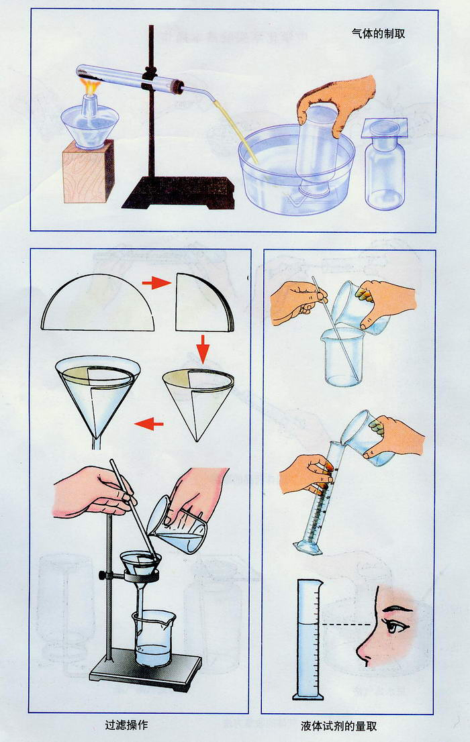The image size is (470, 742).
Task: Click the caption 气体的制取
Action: pyautogui.click(x=378, y=33)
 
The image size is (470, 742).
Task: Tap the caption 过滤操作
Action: pyautogui.click(x=126, y=725)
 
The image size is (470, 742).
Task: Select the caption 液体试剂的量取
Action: pyautogui.click(x=338, y=725)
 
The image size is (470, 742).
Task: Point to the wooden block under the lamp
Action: pyautogui.click(x=88, y=171)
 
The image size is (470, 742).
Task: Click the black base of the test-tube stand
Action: pyautogui.click(x=179, y=193)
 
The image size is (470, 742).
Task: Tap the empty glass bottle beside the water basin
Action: pyautogui.click(x=385, y=166)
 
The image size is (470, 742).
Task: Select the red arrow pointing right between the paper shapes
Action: pyautogui.click(x=156, y=283)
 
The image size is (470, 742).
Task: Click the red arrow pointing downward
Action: pyautogui.click(x=203, y=350)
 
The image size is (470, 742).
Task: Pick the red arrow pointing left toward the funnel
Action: pyautogui.click(x=149, y=423)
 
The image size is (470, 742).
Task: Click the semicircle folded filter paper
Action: pyautogui.click(x=97, y=303)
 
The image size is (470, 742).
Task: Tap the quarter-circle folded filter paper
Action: pyautogui.click(x=203, y=302)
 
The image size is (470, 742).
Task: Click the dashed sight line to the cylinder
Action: pyautogui.click(x=346, y=625)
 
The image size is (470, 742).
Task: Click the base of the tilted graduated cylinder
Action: pyautogui.click(x=308, y=547)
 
